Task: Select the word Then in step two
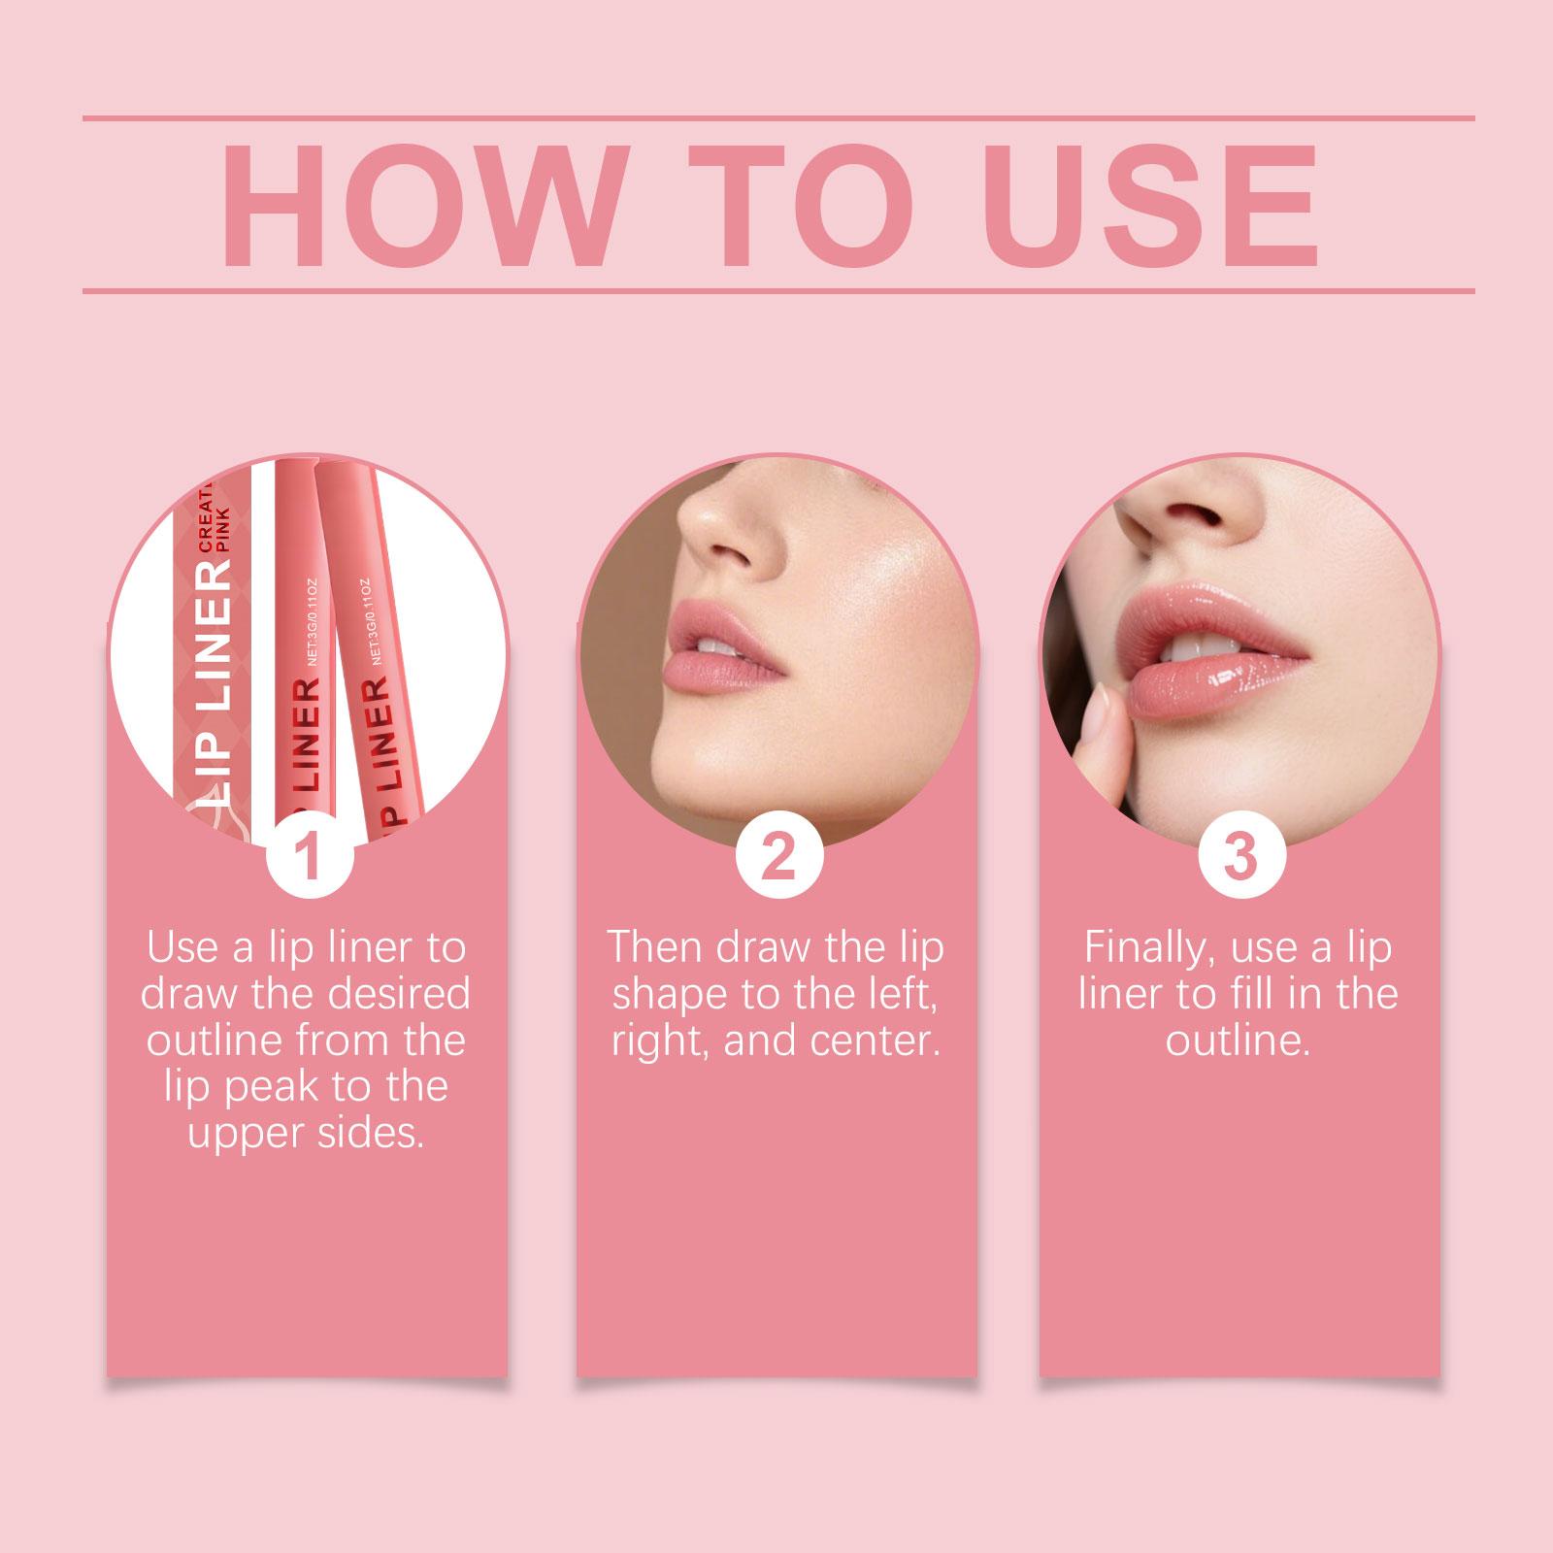(x=656, y=947)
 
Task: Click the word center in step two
(x=883, y=1041)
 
